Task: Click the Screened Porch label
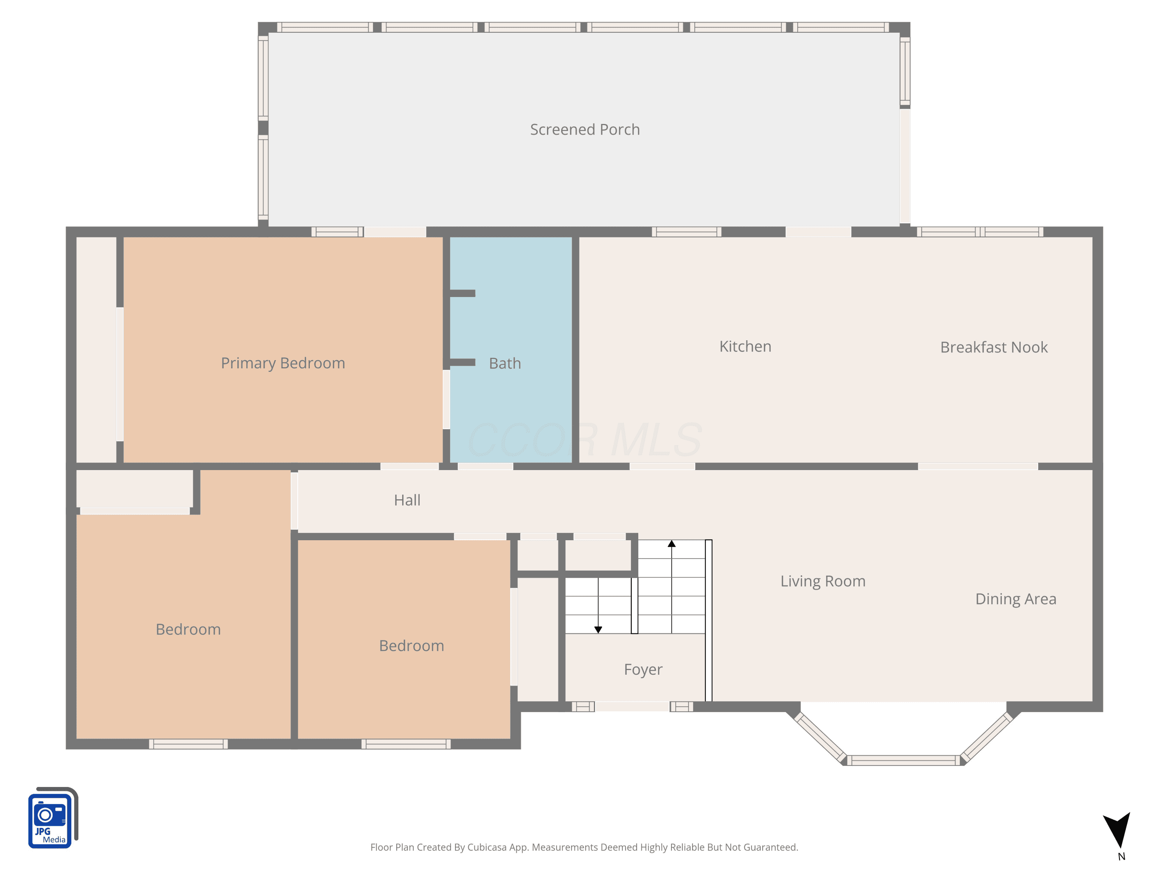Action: click(584, 129)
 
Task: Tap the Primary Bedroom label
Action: click(283, 363)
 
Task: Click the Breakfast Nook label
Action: click(994, 347)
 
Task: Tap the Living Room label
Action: click(823, 582)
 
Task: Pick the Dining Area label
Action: click(1016, 599)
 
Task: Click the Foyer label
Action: click(643, 670)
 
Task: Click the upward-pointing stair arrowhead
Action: click(672, 543)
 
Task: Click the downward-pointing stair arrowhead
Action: click(598, 629)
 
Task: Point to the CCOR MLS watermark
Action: click(584, 439)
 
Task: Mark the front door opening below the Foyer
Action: click(632, 706)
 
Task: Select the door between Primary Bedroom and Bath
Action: click(446, 399)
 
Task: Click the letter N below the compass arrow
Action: click(1121, 857)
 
